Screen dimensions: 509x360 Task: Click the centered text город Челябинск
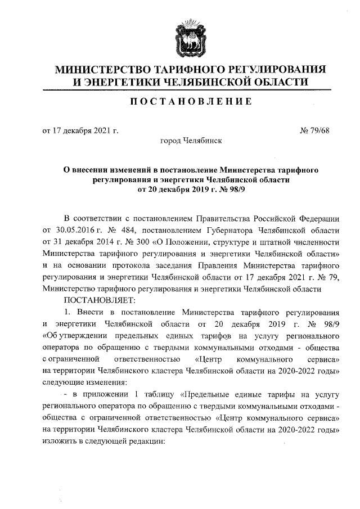[191, 141]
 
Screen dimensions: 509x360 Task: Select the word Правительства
[224, 218]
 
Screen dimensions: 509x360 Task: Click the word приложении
[110, 394]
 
